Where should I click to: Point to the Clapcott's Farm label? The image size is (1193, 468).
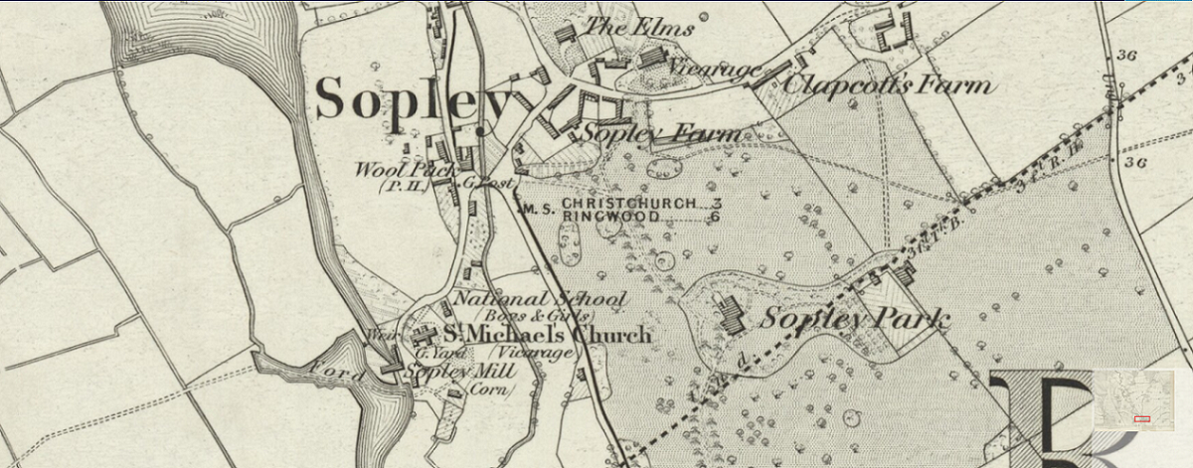pos(888,83)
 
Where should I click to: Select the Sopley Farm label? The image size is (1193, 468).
pos(661,132)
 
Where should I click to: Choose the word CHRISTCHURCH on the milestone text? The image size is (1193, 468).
pos(629,203)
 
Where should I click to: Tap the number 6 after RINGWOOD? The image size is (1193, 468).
pos(714,216)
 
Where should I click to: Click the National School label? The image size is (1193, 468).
pos(539,298)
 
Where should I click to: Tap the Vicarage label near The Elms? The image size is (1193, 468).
pos(714,68)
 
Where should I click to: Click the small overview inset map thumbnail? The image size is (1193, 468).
pos(1132,400)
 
